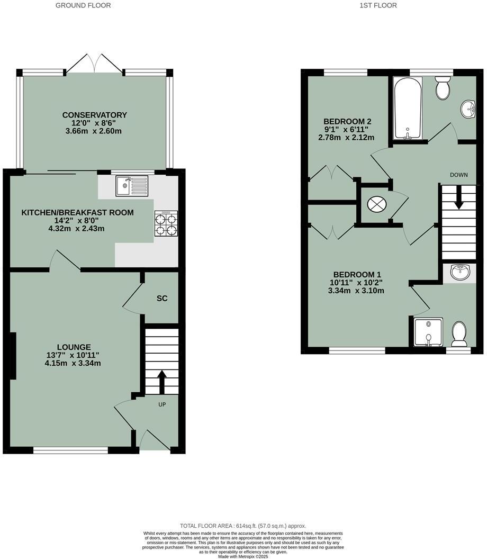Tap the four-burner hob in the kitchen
(x=165, y=224)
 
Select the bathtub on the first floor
(x=407, y=107)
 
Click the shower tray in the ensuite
(x=428, y=332)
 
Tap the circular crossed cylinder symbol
(x=377, y=204)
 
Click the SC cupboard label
(x=162, y=299)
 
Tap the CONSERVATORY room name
(x=95, y=115)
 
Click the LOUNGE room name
(x=74, y=347)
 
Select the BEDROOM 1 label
(x=357, y=274)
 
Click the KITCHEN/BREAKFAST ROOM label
(x=77, y=212)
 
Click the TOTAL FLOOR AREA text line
(x=243, y=526)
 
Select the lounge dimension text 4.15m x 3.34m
(x=73, y=363)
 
